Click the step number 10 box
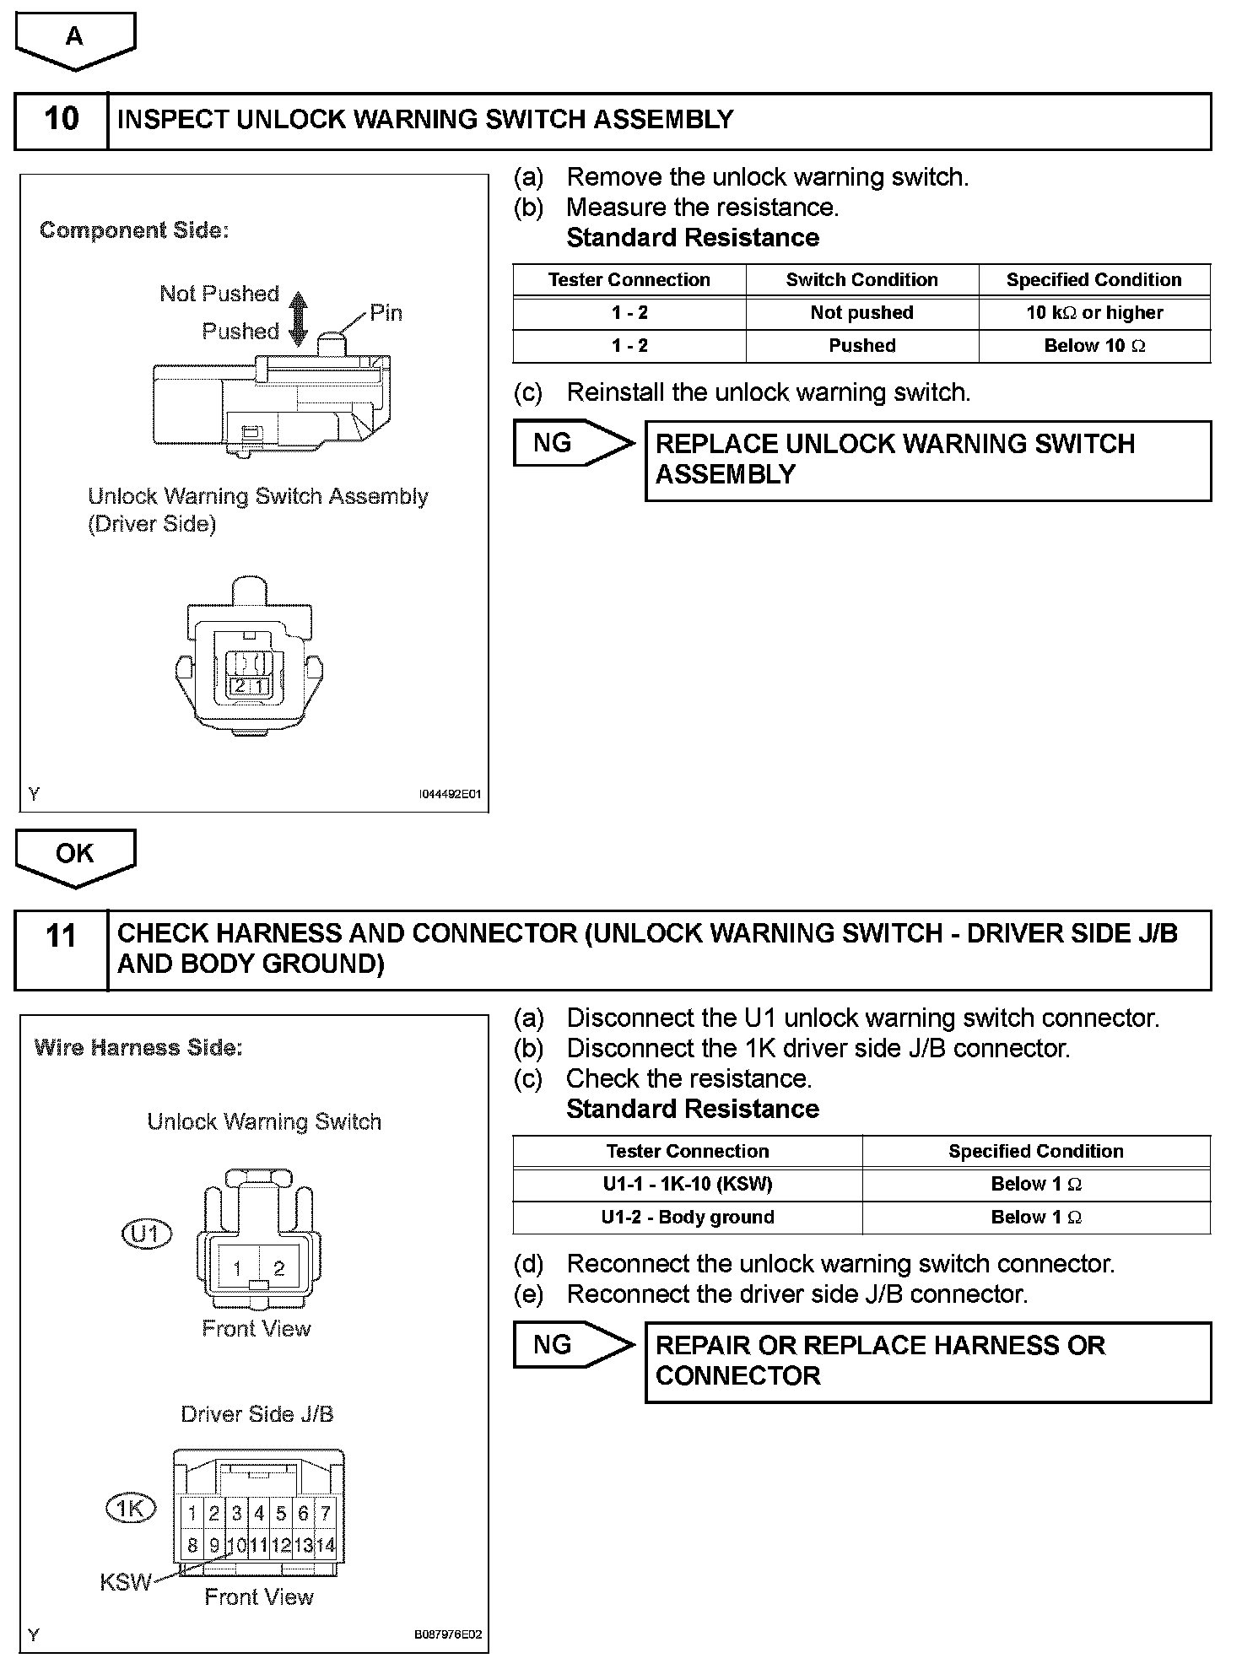point(62,121)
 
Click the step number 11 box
point(62,948)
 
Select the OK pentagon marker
point(75,856)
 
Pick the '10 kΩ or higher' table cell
point(1094,313)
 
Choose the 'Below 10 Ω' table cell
point(1094,346)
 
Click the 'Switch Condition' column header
point(861,280)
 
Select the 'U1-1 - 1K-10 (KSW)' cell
point(687,1185)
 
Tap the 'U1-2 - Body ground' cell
point(687,1218)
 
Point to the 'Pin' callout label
point(386,313)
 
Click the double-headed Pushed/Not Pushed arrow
point(298,319)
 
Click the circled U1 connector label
point(147,1234)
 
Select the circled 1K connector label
point(131,1509)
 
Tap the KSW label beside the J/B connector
point(125,1582)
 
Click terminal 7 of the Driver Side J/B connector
point(325,1514)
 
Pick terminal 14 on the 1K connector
point(325,1546)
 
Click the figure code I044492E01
point(450,795)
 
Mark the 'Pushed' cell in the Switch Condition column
point(861,346)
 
